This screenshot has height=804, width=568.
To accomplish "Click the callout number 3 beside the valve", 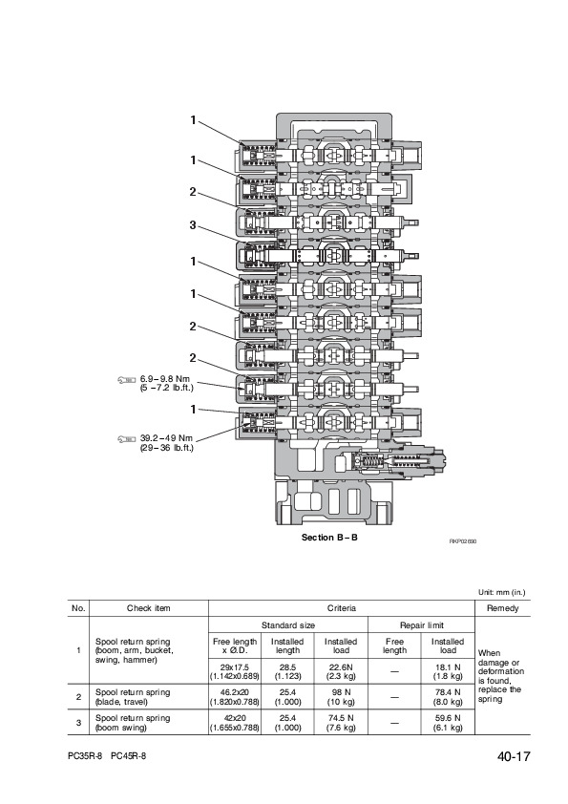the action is pyautogui.click(x=193, y=224).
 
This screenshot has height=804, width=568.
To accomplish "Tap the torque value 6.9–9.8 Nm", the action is pyautogui.click(x=165, y=379).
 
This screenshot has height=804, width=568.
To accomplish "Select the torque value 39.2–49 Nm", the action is pyautogui.click(x=167, y=438).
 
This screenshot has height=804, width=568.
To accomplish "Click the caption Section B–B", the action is pyautogui.click(x=329, y=538).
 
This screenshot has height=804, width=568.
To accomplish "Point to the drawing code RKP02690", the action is pyautogui.click(x=463, y=541).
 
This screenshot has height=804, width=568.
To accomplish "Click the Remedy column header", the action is pyautogui.click(x=502, y=608).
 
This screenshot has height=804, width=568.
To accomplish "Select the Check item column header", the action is pyautogui.click(x=149, y=608).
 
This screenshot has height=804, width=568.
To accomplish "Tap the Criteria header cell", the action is pyautogui.click(x=342, y=608).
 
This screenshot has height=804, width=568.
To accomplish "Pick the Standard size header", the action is pyautogui.click(x=288, y=625).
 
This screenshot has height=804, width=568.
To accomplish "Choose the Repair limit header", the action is pyautogui.click(x=421, y=625).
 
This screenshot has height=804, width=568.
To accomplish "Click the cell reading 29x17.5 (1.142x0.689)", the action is pyautogui.click(x=235, y=671).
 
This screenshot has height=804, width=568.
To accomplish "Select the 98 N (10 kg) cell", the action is pyautogui.click(x=341, y=697).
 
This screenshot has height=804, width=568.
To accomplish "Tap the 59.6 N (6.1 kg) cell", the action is pyautogui.click(x=447, y=723).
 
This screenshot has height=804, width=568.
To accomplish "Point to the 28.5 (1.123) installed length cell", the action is pyautogui.click(x=287, y=671).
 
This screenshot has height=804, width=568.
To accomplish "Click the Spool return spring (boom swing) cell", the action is pyautogui.click(x=133, y=723).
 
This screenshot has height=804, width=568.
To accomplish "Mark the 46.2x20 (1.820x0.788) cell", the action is pyautogui.click(x=235, y=697).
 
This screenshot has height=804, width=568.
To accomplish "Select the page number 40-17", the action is pyautogui.click(x=514, y=756).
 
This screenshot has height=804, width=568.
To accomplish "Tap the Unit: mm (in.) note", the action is pyautogui.click(x=502, y=592).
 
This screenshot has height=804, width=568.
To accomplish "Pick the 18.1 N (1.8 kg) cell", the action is pyautogui.click(x=447, y=671).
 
